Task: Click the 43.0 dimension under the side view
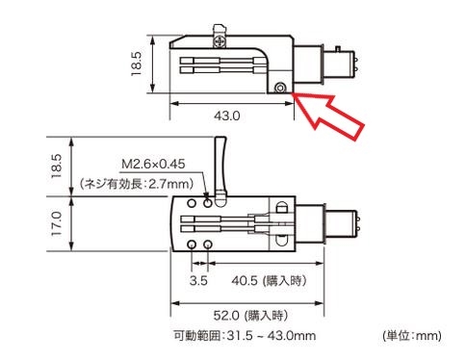(x=227, y=116)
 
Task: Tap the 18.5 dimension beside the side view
(x=136, y=64)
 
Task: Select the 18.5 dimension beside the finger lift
(x=56, y=167)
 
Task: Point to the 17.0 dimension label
(x=56, y=223)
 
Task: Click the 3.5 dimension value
(x=198, y=281)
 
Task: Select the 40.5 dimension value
(x=245, y=281)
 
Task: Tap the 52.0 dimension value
(x=226, y=316)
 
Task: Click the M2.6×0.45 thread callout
(x=153, y=164)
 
